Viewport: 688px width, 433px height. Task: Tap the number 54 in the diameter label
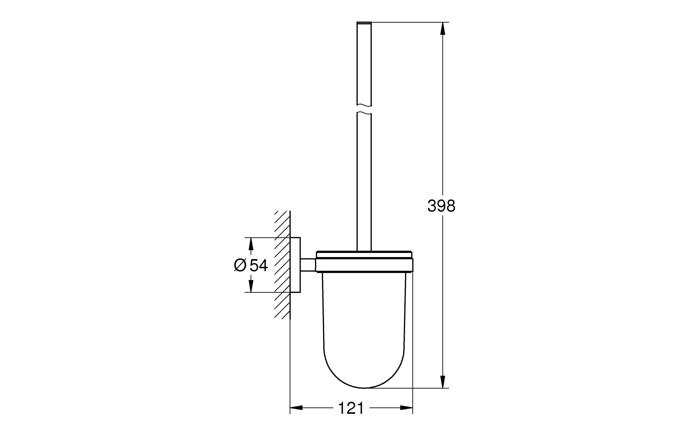259,266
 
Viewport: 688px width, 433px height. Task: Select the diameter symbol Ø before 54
240,266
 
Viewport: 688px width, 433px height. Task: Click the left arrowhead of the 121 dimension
296,408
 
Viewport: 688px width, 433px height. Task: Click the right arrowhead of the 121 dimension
406,408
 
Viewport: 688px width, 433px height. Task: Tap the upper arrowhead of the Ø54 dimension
251,244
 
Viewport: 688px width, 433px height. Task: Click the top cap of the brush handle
364,22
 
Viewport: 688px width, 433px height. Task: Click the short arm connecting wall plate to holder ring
308,265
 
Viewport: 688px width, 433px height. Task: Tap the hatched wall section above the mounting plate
282,224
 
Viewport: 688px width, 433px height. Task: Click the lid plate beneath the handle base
364,254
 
